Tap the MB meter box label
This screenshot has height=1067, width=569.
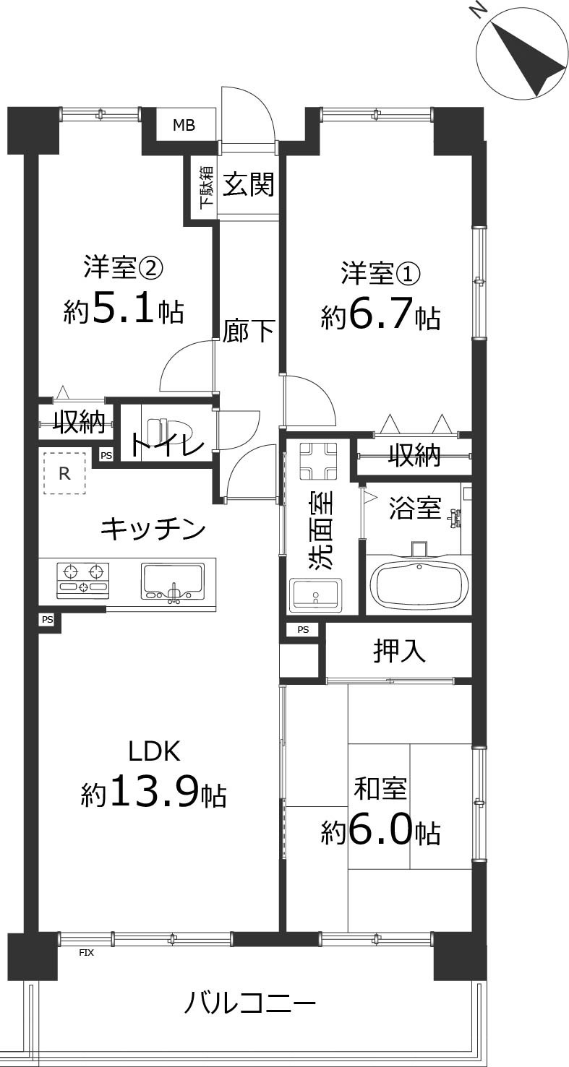pos(184,126)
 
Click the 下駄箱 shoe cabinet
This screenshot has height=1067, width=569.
pos(205,186)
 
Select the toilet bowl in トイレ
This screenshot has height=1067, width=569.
pos(162,425)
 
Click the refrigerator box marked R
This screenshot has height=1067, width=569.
pos(64,473)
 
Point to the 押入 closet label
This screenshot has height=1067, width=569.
pos(399,652)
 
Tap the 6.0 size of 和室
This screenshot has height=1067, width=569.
pos(381,833)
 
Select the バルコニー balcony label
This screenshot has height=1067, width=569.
pos(249,1003)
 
